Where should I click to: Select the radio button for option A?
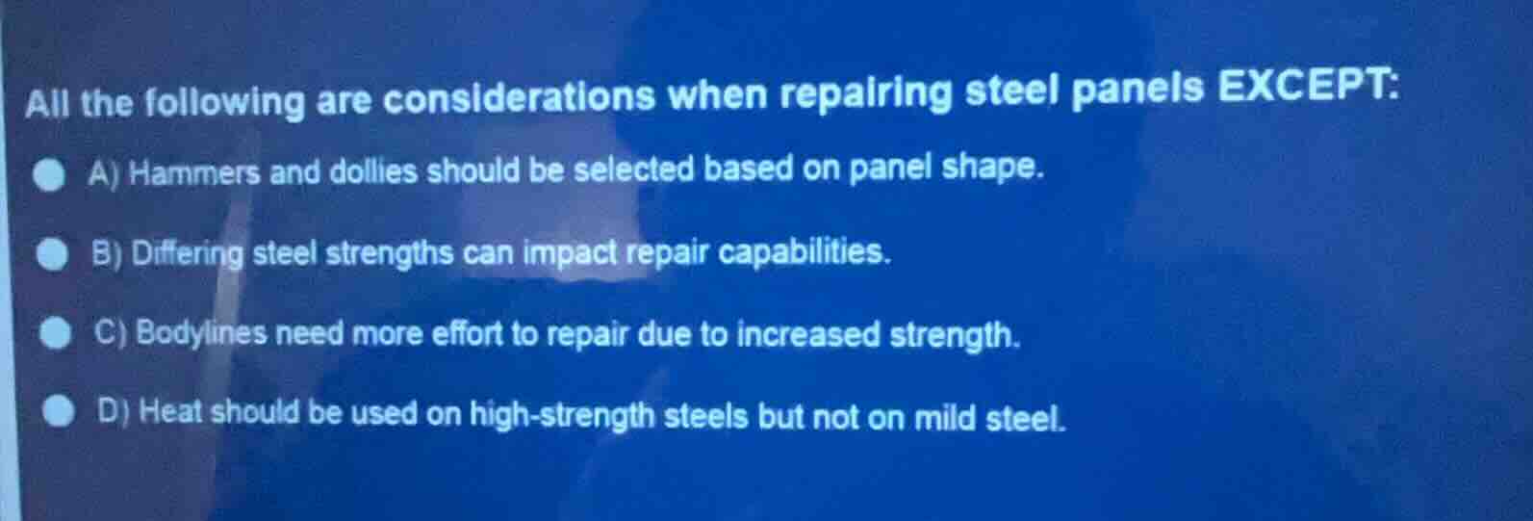50,176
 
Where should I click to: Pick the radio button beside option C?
56,333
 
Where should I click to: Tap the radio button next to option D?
60,411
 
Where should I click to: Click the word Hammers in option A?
194,173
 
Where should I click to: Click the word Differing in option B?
188,254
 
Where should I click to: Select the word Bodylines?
201,333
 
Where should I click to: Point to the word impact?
572,252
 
